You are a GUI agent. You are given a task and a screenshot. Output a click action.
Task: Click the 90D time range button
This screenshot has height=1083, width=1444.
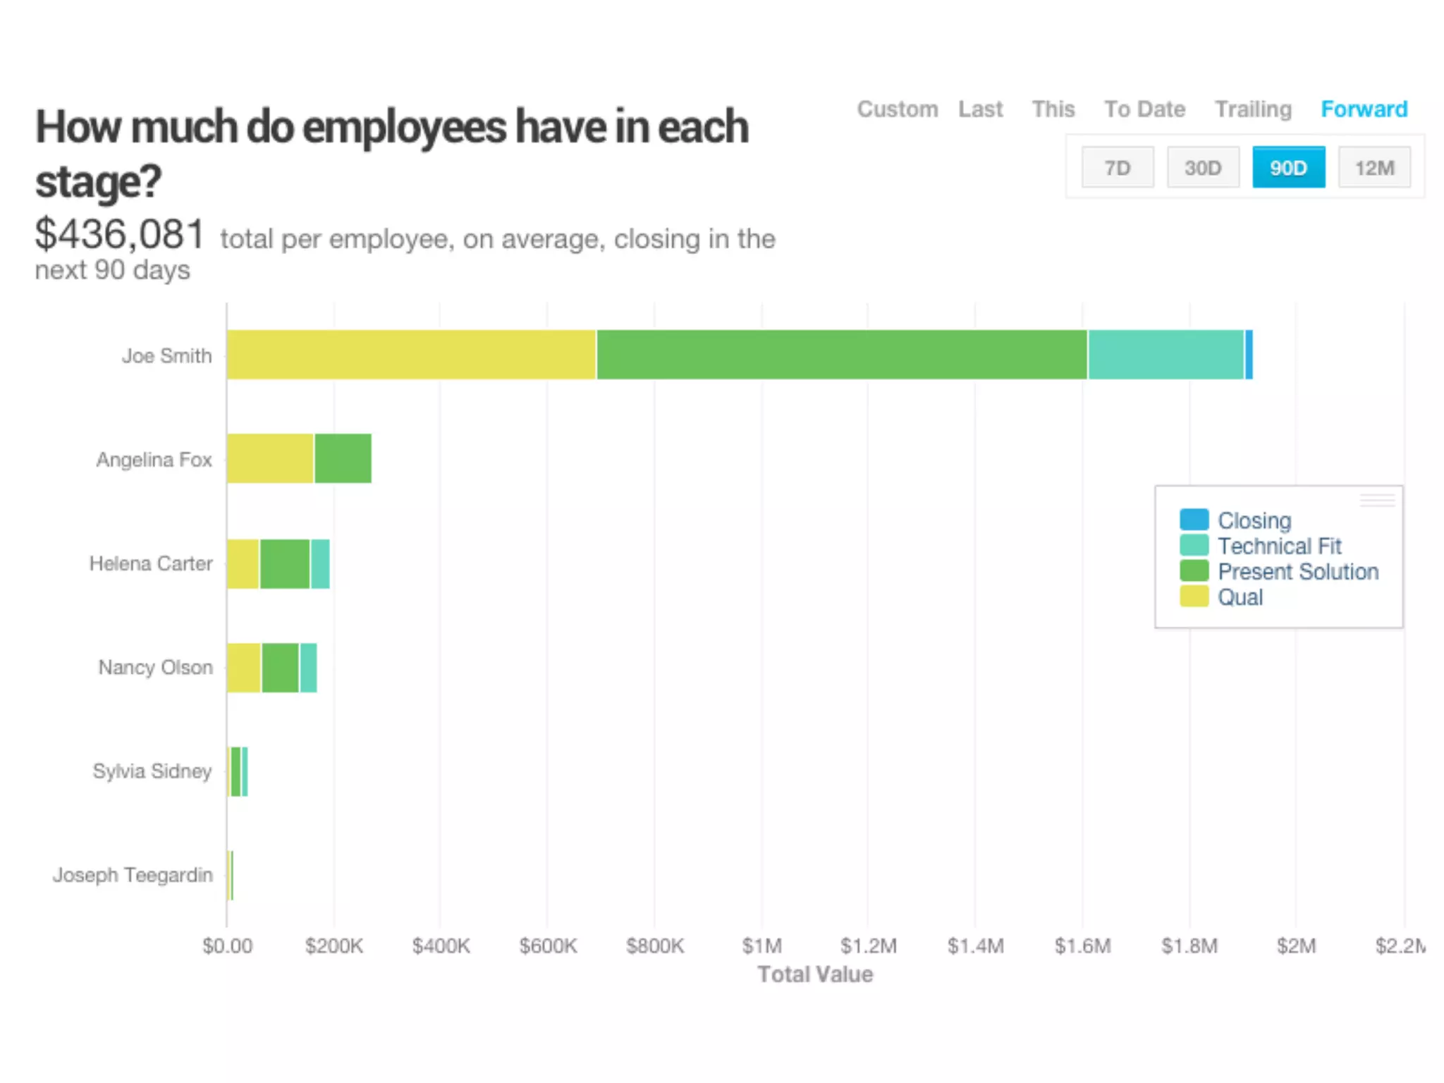(1288, 168)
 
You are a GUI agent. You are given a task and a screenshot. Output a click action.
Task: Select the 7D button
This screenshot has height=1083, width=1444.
(1118, 168)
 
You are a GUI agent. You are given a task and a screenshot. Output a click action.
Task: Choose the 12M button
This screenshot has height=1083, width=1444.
(1374, 168)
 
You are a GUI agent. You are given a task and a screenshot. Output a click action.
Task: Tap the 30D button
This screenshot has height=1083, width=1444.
(1203, 168)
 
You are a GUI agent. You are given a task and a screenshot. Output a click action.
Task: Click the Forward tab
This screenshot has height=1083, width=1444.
(1364, 109)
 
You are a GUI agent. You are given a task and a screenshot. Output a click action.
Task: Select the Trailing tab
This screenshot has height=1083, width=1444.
(1253, 109)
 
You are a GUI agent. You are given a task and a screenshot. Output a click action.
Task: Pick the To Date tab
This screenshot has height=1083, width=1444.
(1144, 109)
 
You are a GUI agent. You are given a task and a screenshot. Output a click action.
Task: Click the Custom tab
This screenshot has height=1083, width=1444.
(897, 109)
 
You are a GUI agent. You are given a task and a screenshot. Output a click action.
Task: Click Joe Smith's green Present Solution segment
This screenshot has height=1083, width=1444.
(841, 355)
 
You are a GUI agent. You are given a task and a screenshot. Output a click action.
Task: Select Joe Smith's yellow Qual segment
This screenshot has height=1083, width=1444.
(411, 355)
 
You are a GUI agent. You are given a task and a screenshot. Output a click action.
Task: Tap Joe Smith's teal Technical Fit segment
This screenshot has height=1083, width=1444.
(1165, 355)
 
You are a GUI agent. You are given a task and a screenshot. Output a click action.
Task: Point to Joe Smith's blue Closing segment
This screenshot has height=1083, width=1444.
(1249, 355)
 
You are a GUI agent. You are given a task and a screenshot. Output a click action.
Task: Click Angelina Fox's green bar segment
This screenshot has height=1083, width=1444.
(343, 458)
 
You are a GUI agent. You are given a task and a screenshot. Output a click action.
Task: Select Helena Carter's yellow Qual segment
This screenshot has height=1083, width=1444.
(243, 563)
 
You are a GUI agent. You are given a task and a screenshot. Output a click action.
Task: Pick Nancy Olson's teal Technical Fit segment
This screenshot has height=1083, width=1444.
(308, 667)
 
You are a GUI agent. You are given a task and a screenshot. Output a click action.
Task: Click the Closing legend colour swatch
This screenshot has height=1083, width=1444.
(1194, 520)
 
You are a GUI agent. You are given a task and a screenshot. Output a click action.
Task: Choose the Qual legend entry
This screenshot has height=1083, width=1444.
(1240, 597)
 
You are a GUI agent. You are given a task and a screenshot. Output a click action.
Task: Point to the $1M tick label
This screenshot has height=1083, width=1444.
(761, 946)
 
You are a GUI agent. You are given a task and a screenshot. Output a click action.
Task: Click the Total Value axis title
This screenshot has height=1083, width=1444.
(815, 974)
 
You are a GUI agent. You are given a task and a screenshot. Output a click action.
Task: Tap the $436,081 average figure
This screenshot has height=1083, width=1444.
(120, 234)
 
